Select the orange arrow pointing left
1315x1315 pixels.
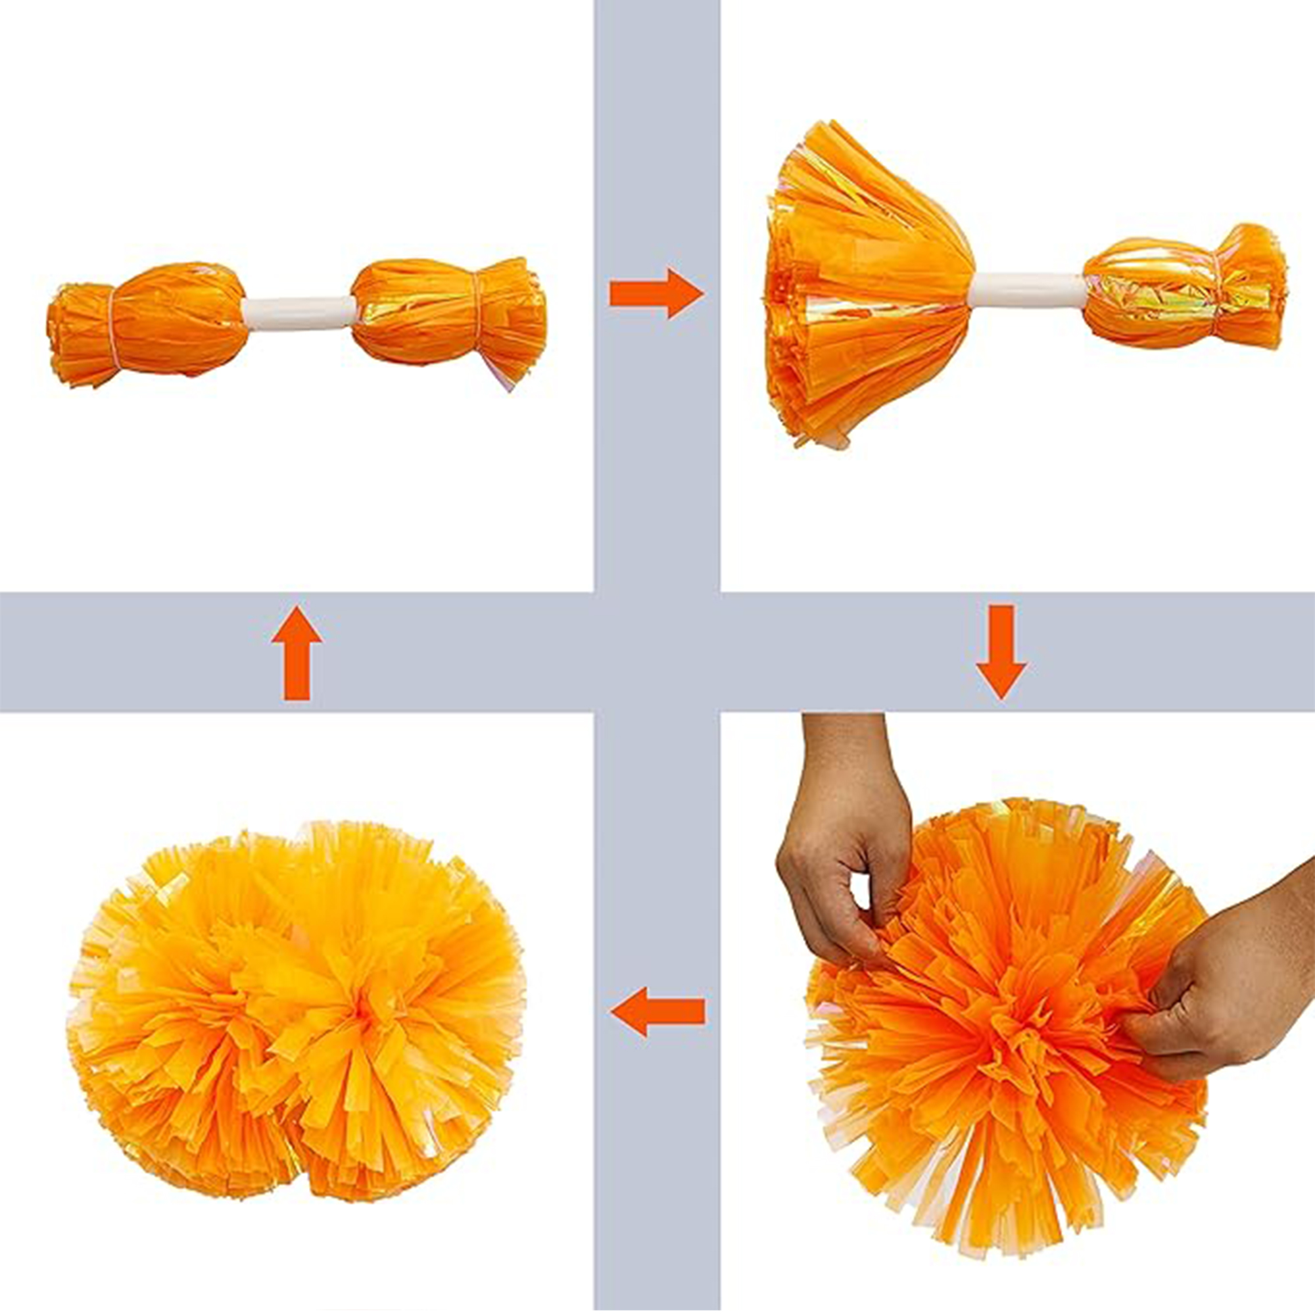click(x=657, y=1012)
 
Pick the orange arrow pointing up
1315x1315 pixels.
click(x=296, y=653)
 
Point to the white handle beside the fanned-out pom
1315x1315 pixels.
click(x=1028, y=289)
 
